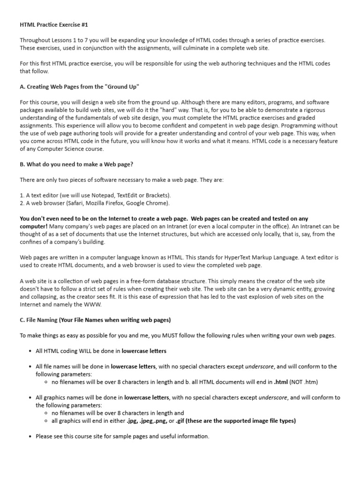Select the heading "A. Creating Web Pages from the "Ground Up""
point(79,88)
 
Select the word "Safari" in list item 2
point(77,203)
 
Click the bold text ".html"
point(281,382)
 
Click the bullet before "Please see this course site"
point(30,437)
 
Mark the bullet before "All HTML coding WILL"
point(30,351)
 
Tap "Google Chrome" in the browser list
point(150,203)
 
